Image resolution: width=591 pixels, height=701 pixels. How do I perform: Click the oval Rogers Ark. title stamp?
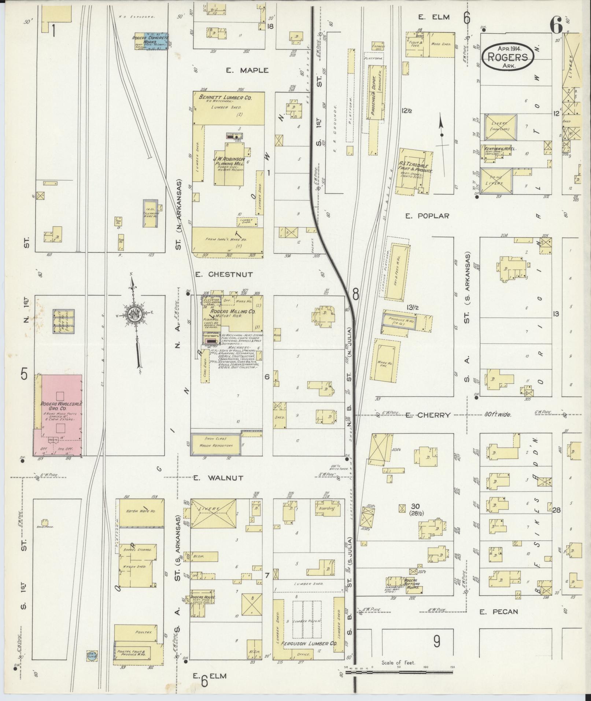[x=507, y=57]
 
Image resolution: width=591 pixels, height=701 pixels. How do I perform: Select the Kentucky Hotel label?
[x=500, y=149]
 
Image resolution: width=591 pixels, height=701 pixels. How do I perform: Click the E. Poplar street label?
[x=427, y=216]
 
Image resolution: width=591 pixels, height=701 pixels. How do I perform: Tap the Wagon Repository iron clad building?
[x=215, y=444]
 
